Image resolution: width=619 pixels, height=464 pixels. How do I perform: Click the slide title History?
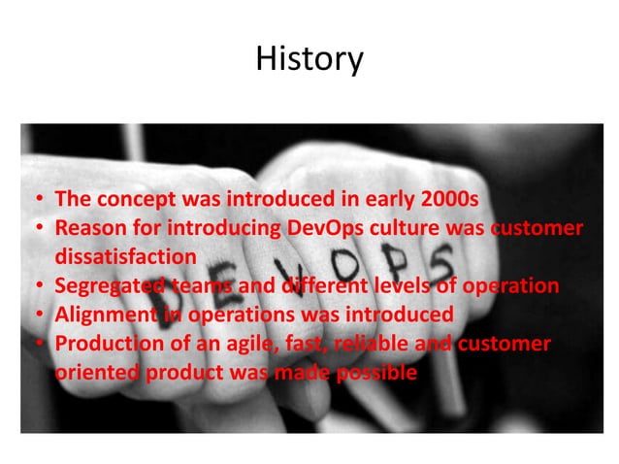point(309,60)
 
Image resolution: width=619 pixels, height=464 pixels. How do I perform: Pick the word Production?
point(106,345)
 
